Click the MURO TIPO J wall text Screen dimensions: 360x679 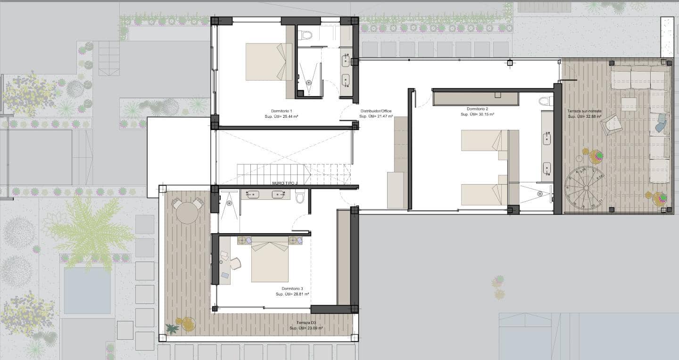[286, 183]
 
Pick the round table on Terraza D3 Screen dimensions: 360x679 [188, 213]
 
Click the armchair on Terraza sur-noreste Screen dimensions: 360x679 [612, 124]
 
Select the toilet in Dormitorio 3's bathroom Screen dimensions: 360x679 [300, 196]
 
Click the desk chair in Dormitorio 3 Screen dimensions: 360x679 [235, 263]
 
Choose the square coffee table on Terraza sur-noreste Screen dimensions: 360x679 [629, 104]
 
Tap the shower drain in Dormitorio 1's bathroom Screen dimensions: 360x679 [309, 82]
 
